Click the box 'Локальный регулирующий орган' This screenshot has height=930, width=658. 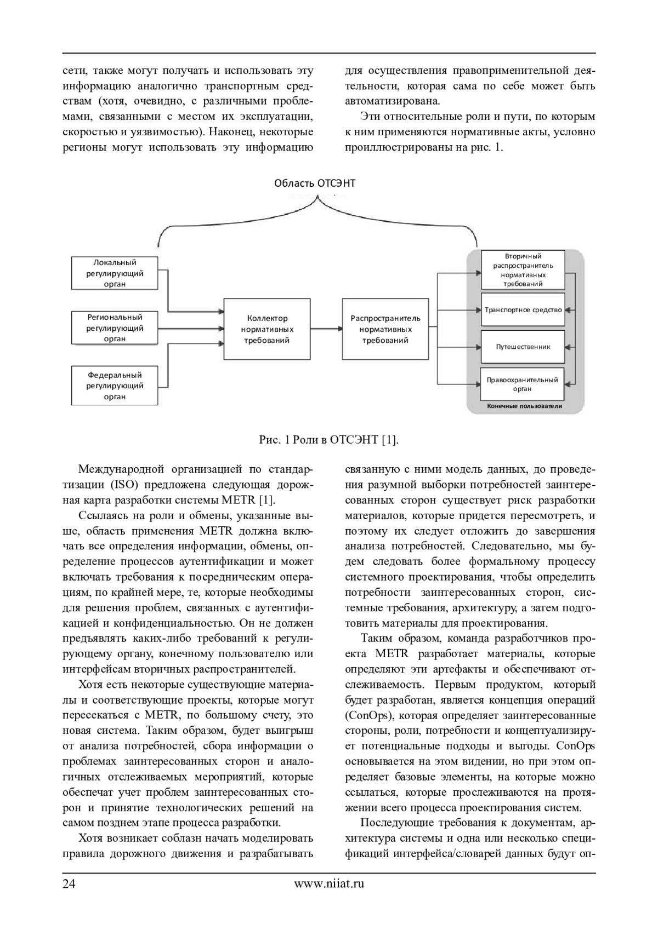click(x=115, y=273)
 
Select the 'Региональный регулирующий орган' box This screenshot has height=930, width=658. click(x=115, y=328)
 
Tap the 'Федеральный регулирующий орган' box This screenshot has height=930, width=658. click(x=115, y=386)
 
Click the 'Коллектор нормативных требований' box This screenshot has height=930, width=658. click(x=267, y=329)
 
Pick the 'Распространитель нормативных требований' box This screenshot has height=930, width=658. click(x=385, y=329)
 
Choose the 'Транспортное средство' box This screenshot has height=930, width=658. click(x=523, y=310)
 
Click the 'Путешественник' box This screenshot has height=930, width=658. click(x=523, y=347)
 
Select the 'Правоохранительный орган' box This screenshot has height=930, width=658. click(x=522, y=384)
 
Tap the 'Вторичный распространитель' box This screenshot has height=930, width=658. click(x=523, y=270)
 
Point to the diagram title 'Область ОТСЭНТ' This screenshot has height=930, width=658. click(x=315, y=183)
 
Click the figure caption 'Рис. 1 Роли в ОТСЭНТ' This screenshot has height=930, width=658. click(x=328, y=440)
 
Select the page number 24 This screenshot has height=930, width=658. click(x=69, y=883)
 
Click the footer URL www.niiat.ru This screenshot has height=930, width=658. click(x=329, y=883)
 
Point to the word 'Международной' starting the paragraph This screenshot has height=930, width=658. click(x=121, y=469)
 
